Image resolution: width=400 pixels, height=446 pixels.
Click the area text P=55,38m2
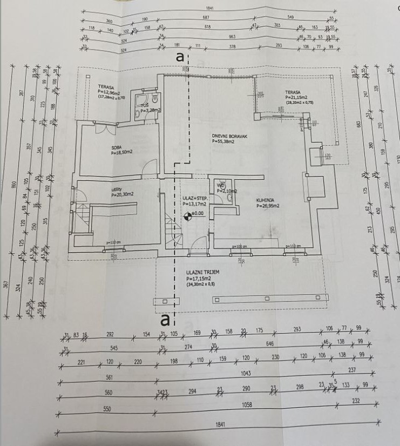pos(224,142)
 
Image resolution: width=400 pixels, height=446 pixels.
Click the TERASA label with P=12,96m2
pos(105,86)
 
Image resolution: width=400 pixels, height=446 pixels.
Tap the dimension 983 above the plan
pos(233,37)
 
